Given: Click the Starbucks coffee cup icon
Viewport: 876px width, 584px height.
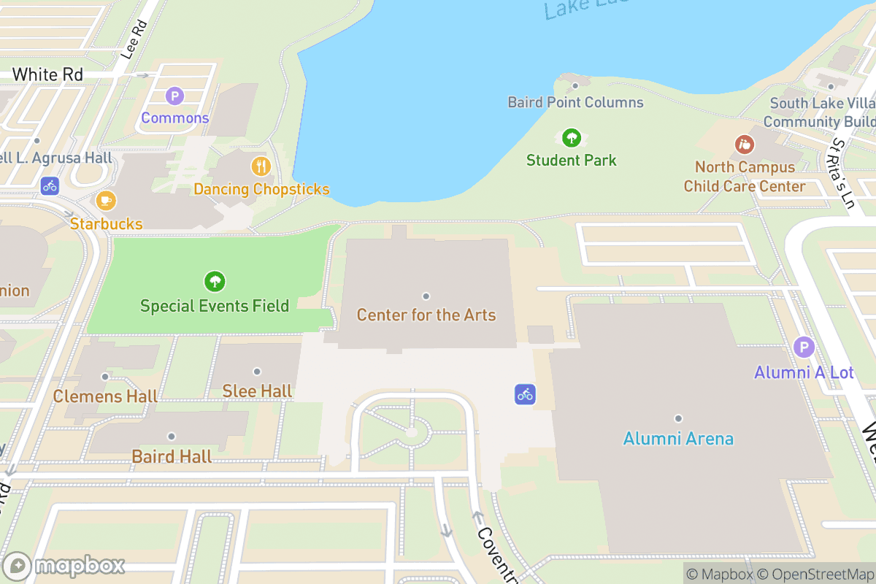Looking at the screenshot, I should (x=106, y=200).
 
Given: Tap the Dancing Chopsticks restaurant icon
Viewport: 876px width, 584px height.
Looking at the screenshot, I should (x=261, y=166).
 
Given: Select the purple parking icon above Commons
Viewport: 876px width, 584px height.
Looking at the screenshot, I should (x=174, y=96).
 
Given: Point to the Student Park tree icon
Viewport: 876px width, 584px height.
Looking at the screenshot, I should (x=572, y=137).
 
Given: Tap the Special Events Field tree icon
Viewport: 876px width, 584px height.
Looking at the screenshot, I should (x=215, y=281).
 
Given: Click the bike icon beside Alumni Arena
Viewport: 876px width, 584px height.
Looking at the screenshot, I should (x=525, y=394).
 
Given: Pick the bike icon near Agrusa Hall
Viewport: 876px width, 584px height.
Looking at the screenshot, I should (x=50, y=185).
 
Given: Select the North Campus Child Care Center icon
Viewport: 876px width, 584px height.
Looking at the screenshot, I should (x=744, y=144).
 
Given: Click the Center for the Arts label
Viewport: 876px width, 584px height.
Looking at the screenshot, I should (x=426, y=315).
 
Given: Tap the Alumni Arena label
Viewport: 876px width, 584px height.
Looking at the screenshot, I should (x=678, y=439).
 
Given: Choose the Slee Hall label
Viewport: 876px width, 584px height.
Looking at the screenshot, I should (x=257, y=391).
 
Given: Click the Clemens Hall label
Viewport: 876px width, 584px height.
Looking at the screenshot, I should (x=105, y=396).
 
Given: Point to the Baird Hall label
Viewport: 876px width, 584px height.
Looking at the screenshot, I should (x=172, y=457).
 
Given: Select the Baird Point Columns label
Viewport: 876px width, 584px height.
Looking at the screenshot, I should (x=576, y=102).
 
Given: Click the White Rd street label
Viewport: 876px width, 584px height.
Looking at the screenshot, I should (x=47, y=74).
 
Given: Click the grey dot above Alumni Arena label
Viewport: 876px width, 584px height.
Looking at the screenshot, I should (x=678, y=418).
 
